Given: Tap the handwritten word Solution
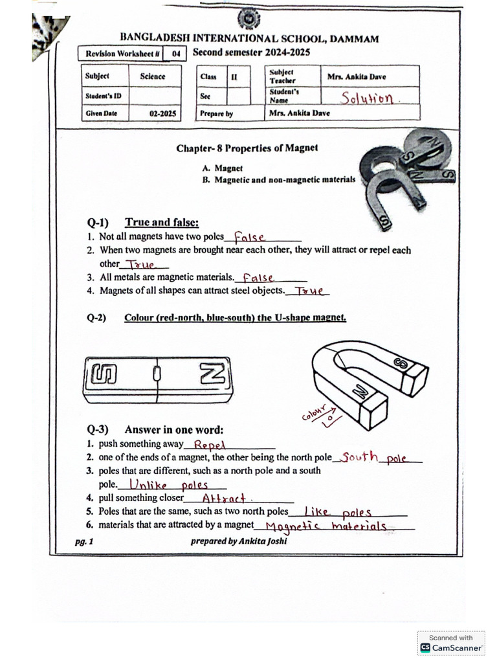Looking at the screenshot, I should (368, 98).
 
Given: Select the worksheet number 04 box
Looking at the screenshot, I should (175, 54).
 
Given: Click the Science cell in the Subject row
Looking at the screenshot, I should (153, 76).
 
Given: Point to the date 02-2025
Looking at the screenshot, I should (162, 113).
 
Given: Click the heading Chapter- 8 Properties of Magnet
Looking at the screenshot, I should (247, 148).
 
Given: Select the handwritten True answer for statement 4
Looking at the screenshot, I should (309, 291).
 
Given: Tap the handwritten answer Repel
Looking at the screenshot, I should (209, 445).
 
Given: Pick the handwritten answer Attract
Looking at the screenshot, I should (225, 499).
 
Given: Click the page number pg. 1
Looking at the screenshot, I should (83, 541).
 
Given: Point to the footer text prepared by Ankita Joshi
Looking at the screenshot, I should (239, 541).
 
